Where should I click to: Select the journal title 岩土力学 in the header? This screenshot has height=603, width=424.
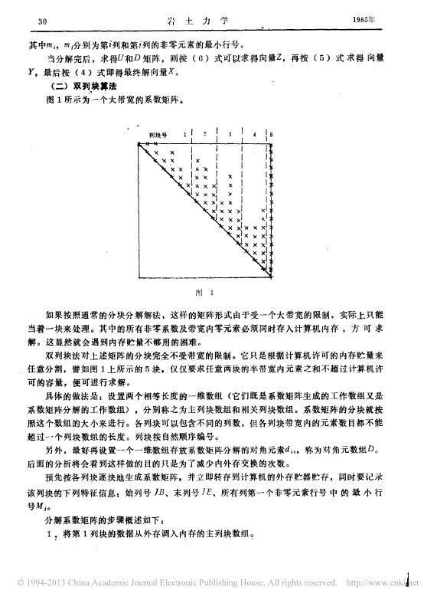[x=211, y=19]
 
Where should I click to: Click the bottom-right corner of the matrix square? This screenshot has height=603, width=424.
[x=276, y=278]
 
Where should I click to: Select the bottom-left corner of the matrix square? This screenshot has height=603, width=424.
[x=135, y=278]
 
